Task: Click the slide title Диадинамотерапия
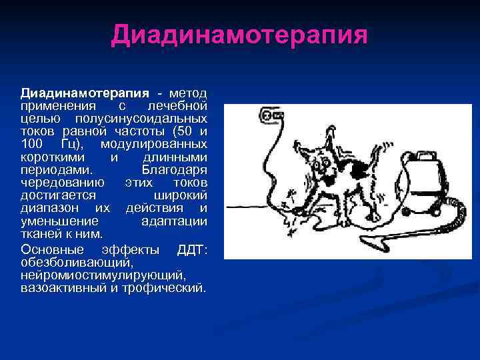tap(239, 35)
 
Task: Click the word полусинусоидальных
tap(161, 118)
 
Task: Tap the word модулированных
tap(153, 144)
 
